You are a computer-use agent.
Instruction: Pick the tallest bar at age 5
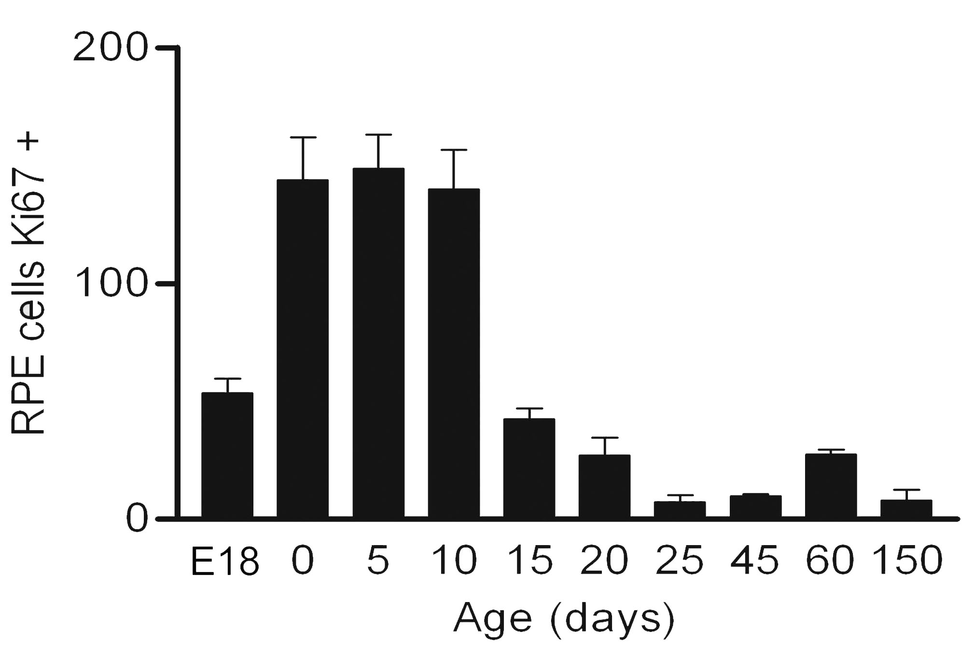(x=378, y=343)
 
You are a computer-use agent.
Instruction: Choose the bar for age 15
(x=529, y=468)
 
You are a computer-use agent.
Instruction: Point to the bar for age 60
(x=831, y=485)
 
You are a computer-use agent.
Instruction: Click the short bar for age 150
(x=906, y=509)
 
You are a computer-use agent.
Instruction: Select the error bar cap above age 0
(x=303, y=138)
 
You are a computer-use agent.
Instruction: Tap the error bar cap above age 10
(x=454, y=150)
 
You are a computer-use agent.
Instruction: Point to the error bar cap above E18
(x=227, y=379)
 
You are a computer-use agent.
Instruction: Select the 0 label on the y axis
(x=136, y=520)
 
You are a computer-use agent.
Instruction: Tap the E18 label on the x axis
(x=225, y=561)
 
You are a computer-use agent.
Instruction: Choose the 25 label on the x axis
(x=680, y=561)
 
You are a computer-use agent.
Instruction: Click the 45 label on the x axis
(x=755, y=561)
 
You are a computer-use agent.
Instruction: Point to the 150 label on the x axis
(x=906, y=561)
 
